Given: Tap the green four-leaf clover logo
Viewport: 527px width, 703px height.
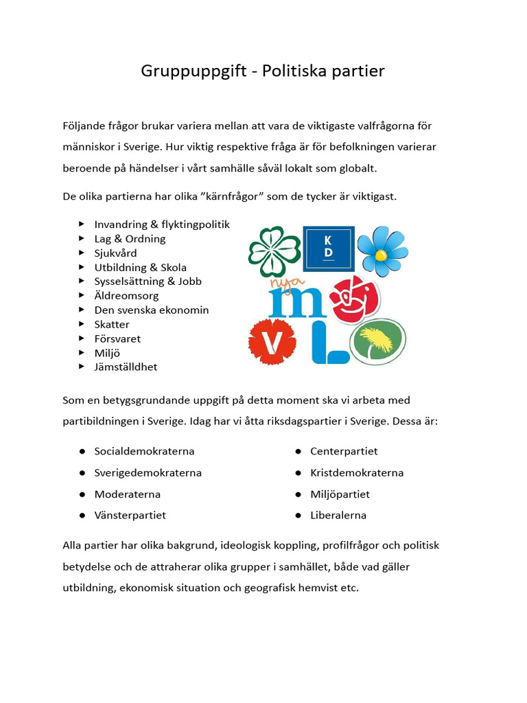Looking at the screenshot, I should click(x=274, y=251).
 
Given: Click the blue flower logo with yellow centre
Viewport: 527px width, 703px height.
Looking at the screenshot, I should click(x=382, y=251).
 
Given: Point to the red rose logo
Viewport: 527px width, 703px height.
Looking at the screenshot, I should click(x=353, y=297).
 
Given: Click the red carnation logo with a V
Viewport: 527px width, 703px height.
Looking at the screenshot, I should click(x=272, y=341).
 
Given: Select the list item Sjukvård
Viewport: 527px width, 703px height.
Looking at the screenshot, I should click(x=115, y=253).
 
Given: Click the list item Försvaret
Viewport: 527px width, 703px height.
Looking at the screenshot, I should click(x=117, y=338).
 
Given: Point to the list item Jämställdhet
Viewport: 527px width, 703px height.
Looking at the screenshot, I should click(x=126, y=367).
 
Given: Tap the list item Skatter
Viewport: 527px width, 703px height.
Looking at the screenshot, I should click(x=112, y=324).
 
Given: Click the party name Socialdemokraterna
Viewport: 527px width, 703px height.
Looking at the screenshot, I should click(x=144, y=451).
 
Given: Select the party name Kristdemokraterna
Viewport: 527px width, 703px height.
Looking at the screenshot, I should click(x=357, y=472).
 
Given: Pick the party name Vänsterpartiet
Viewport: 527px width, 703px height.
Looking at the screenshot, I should click(x=130, y=515).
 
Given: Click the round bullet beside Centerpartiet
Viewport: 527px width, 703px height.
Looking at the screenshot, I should click(x=298, y=451).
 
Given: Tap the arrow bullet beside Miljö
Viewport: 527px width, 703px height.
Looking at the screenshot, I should click(x=82, y=353).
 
